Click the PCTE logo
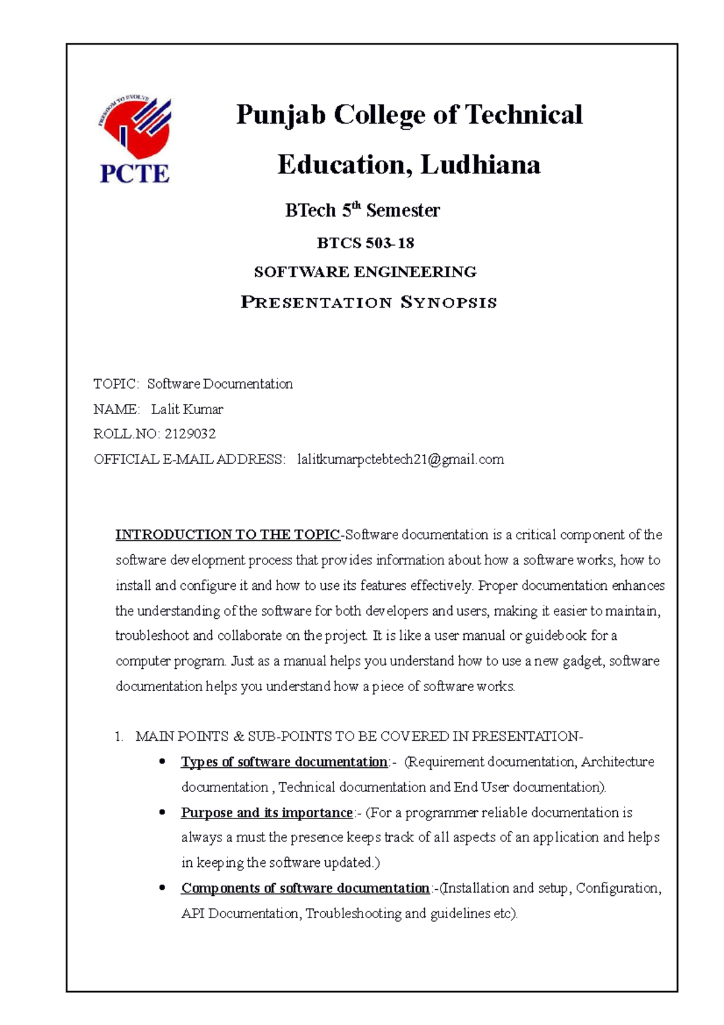(x=135, y=141)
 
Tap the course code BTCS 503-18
(x=365, y=243)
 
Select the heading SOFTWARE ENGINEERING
(x=365, y=272)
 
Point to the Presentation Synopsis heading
(x=369, y=302)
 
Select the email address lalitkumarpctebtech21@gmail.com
(x=400, y=459)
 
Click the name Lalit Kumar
(x=186, y=409)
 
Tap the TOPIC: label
(x=116, y=384)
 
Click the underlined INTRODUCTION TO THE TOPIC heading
(x=227, y=535)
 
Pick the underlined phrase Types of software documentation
(x=284, y=762)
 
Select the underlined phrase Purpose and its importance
(x=266, y=813)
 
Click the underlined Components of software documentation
(x=305, y=888)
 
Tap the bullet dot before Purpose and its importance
(x=162, y=813)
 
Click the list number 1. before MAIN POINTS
(x=119, y=736)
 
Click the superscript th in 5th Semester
(x=356, y=206)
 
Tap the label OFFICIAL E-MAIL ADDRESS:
(x=189, y=459)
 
